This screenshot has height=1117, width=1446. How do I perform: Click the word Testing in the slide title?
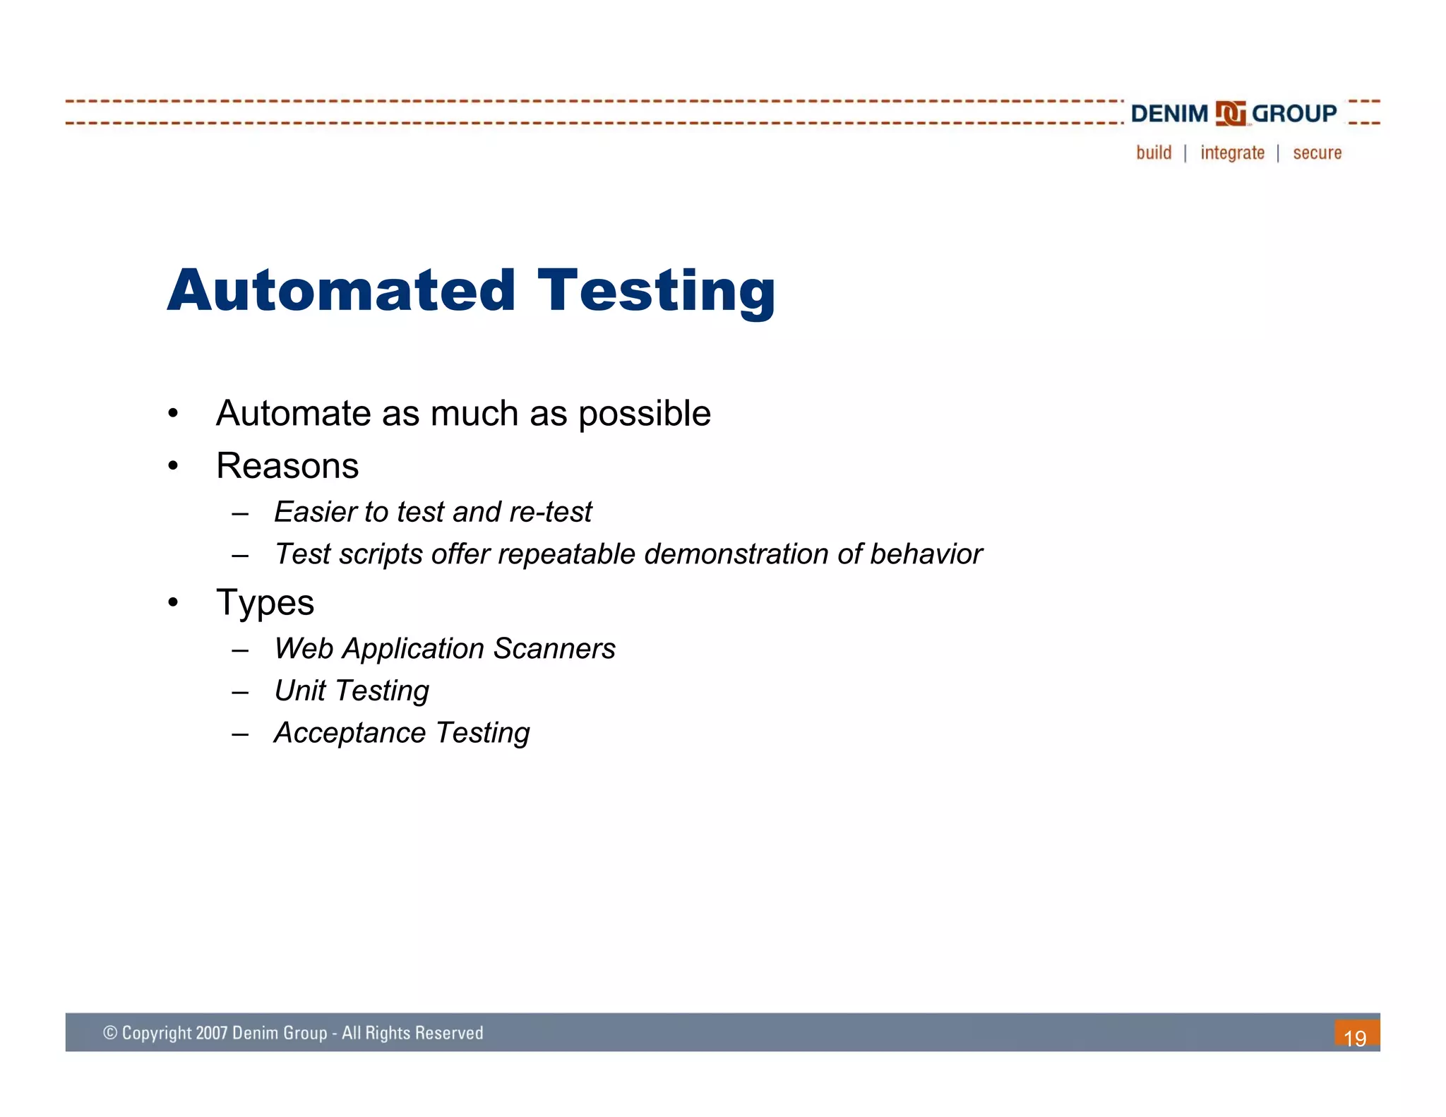(656, 292)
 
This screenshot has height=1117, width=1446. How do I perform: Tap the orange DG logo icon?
(1230, 114)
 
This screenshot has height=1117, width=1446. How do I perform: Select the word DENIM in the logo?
(1169, 114)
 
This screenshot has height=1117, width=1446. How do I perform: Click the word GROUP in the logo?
(1293, 114)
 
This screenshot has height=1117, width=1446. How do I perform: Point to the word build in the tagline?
(1154, 153)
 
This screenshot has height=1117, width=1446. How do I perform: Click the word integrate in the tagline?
(1232, 153)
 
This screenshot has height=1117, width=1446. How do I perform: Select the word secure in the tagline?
(1317, 153)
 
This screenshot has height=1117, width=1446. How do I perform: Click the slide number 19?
(1355, 1038)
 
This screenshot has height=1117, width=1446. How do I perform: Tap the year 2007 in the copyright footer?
(212, 1033)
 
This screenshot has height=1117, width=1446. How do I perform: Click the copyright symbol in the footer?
(110, 1033)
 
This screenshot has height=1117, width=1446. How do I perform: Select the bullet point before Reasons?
(173, 466)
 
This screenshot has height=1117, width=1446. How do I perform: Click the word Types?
(265, 603)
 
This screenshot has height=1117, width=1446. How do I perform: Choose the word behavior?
(926, 554)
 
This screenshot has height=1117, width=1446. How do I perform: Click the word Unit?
(300, 691)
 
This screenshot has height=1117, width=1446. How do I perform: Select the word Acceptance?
(349, 733)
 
